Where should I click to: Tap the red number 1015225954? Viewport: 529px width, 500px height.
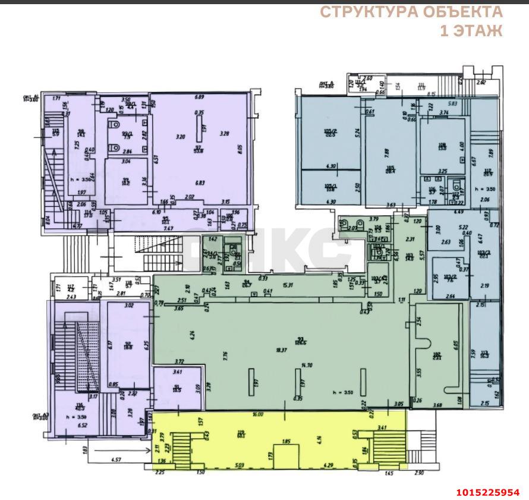pos(487,492)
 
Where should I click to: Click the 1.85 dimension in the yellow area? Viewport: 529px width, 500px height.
pos(285,442)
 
